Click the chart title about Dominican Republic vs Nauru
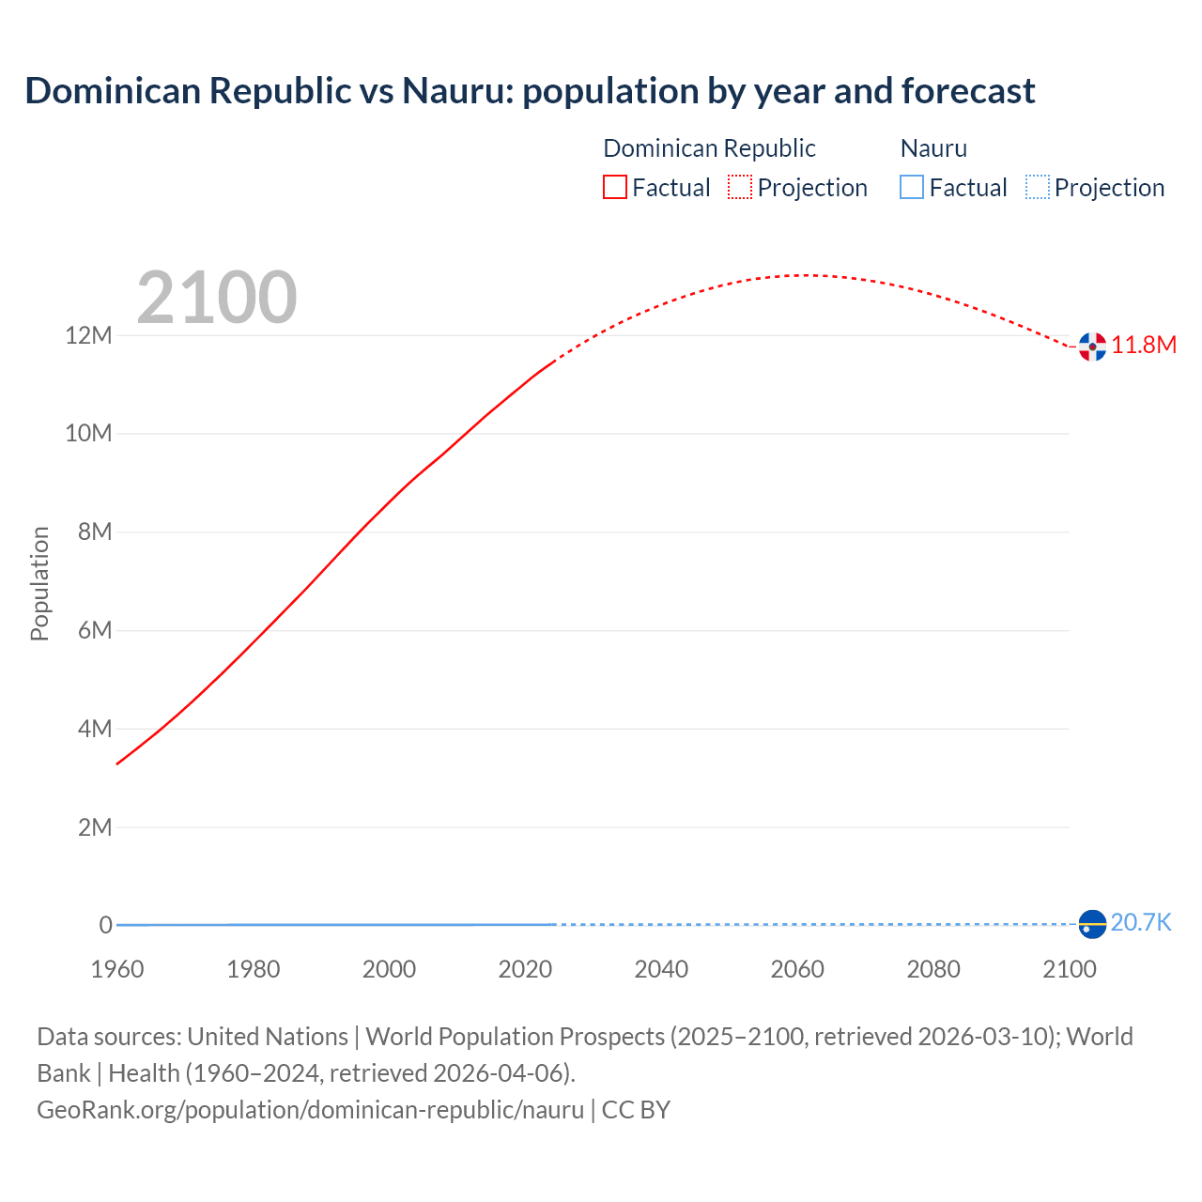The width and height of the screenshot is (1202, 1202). click(x=530, y=91)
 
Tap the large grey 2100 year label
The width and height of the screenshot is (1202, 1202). click(x=217, y=298)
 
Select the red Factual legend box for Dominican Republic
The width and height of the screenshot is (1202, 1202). click(x=614, y=188)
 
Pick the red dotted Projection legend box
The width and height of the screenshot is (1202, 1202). click(x=740, y=188)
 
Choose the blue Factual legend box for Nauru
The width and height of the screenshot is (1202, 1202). click(x=911, y=188)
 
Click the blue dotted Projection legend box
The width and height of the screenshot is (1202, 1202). click(x=1037, y=188)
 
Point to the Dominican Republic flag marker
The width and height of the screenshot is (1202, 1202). click(x=1092, y=347)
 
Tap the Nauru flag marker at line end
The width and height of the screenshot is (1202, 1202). click(x=1092, y=924)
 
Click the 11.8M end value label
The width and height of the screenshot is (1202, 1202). click(x=1144, y=345)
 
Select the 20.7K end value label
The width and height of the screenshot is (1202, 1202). click(x=1141, y=922)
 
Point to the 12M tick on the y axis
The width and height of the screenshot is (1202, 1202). click(x=88, y=335)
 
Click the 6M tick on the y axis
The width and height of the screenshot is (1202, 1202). click(x=95, y=630)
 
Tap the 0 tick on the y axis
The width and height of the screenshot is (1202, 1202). click(x=105, y=925)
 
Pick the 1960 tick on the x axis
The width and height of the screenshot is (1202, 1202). click(x=117, y=969)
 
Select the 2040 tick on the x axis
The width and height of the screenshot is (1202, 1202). click(x=661, y=969)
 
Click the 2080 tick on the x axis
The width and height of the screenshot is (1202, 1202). click(x=933, y=969)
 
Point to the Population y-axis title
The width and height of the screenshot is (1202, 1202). click(x=39, y=583)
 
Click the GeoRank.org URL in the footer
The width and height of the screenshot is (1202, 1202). click(x=310, y=1110)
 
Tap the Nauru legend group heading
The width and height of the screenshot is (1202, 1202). click(x=933, y=148)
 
